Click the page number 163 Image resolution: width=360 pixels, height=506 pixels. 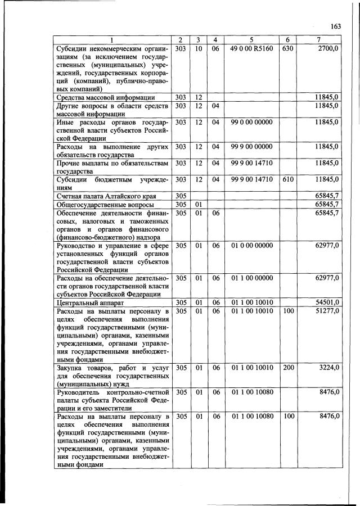click(336, 26)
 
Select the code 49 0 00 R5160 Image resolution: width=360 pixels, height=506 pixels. click(251, 49)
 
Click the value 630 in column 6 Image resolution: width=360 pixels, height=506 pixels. click(287, 49)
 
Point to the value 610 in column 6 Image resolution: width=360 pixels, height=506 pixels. click(287, 179)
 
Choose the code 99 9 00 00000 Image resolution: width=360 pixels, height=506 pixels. click(251, 146)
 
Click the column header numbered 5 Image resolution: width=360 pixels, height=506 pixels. click(251, 39)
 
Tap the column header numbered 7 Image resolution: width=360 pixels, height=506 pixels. click(319, 39)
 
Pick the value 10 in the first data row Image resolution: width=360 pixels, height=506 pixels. click(199, 49)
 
